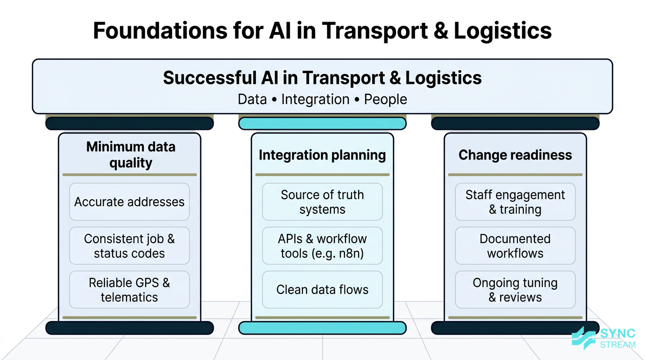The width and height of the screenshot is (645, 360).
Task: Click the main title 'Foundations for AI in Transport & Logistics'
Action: point(322,30)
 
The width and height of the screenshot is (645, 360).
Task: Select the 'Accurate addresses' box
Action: point(129,202)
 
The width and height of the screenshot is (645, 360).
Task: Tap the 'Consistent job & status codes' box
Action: point(129,246)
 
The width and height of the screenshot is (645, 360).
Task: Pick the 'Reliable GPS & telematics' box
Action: point(129,290)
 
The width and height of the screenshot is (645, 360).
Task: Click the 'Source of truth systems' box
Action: point(322,202)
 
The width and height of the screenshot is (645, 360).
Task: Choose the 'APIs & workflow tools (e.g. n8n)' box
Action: point(322,246)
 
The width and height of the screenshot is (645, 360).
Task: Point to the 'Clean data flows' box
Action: point(322,290)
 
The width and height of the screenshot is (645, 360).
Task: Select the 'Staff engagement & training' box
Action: point(515,202)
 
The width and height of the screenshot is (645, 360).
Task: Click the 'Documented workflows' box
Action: point(515,246)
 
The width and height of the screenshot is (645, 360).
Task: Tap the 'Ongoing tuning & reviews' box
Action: point(515,290)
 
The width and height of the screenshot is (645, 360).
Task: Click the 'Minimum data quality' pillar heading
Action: point(131,155)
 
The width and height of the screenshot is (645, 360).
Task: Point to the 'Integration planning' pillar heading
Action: point(322,155)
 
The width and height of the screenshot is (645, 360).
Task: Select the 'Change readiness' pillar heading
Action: point(515,155)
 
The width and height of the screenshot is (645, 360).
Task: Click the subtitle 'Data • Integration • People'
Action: point(322,99)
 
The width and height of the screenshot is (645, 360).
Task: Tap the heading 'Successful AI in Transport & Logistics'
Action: point(322,78)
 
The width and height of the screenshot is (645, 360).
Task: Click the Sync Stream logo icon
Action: point(584,338)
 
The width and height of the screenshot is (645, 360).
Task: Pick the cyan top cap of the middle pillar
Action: point(322,124)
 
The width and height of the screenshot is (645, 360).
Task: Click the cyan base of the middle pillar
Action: point(322,328)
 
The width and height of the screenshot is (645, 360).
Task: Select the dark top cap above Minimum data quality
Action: point(129,124)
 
